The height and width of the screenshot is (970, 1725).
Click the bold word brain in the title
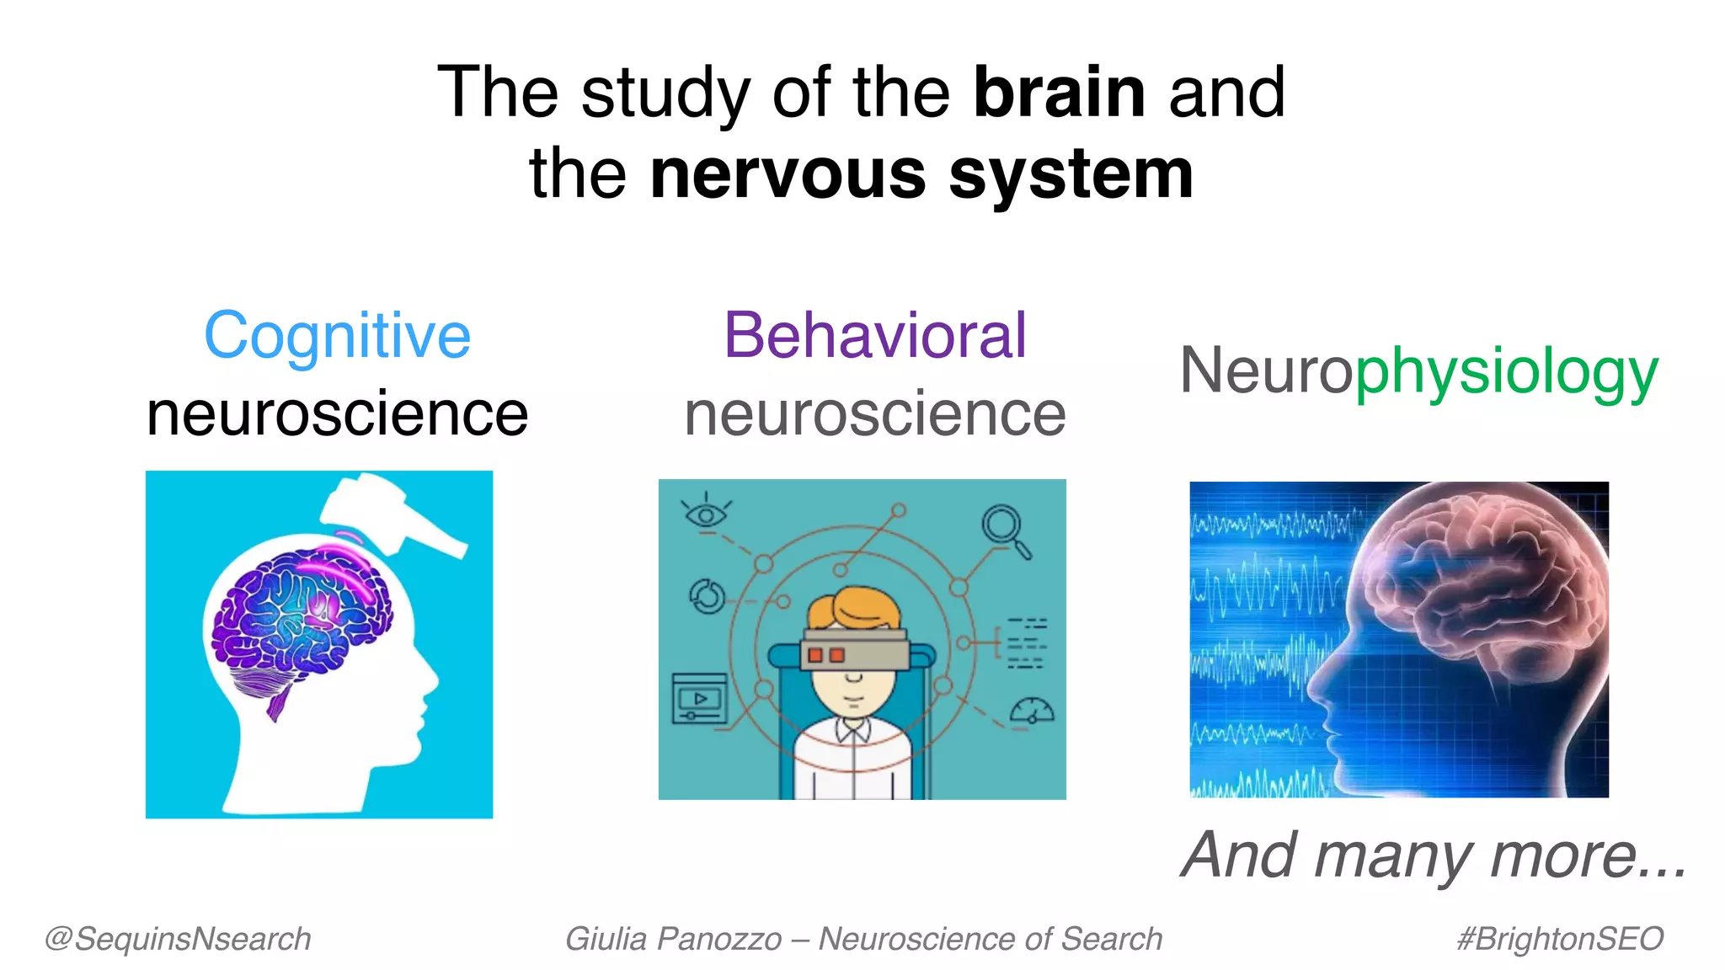(x=1059, y=93)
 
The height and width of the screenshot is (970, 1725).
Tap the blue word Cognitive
(x=337, y=336)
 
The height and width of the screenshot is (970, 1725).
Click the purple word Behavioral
(x=875, y=336)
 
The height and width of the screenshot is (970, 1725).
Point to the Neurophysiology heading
(x=1418, y=371)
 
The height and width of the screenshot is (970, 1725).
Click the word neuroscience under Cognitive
(x=337, y=414)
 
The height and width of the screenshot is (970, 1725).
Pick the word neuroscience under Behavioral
(x=875, y=414)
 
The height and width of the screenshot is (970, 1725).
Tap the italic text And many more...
(x=1434, y=855)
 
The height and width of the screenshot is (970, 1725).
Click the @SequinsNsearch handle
(x=178, y=939)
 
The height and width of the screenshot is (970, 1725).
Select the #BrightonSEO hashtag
(x=1560, y=939)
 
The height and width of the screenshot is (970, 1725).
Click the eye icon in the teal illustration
(x=706, y=514)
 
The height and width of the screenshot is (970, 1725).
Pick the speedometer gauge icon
(x=1033, y=712)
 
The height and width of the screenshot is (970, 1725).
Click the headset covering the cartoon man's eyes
(x=854, y=648)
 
